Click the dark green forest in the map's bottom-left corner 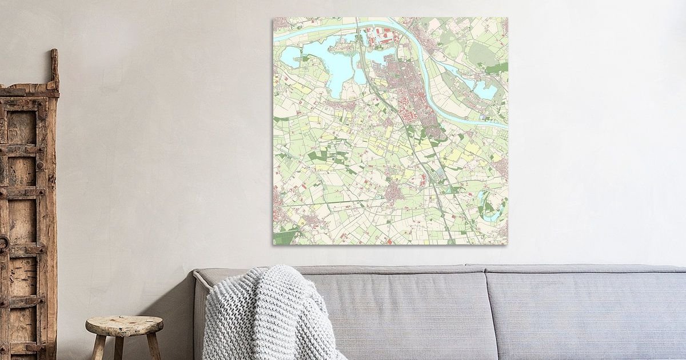284,236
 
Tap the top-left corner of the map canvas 274,18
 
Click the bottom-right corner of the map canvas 506,243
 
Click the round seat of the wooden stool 124,325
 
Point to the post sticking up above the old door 54,69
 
